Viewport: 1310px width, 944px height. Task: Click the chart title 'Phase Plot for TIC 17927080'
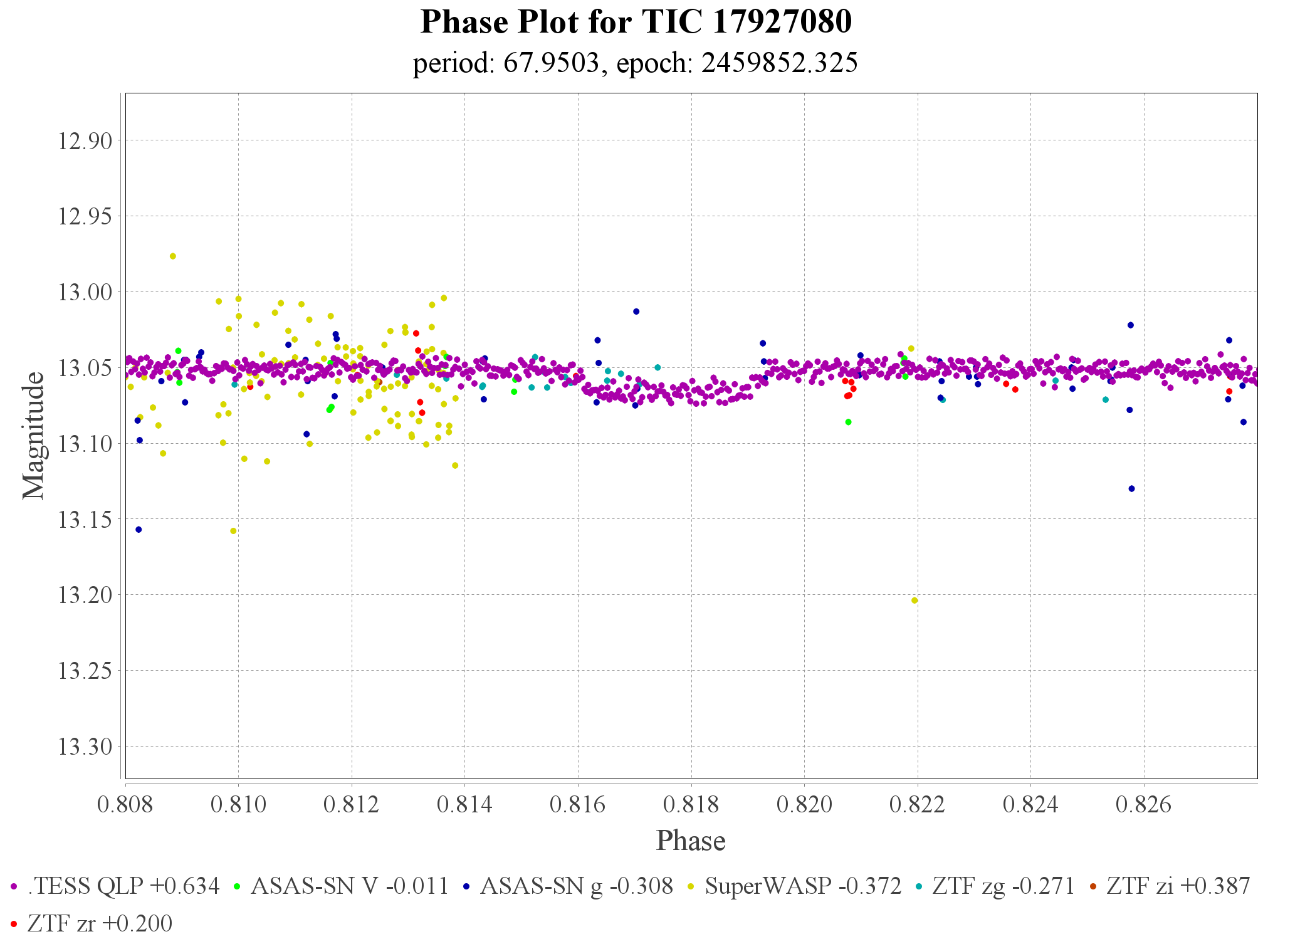coord(636,23)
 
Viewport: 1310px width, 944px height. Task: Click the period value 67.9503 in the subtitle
coord(551,63)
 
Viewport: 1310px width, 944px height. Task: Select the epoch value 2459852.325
coord(779,63)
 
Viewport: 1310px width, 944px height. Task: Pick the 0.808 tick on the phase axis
coord(125,804)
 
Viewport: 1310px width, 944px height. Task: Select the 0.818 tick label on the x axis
coord(691,804)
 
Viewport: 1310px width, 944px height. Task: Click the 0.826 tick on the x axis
coord(1144,804)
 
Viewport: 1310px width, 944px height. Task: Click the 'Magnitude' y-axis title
coord(34,436)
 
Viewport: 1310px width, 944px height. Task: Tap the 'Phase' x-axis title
coord(691,841)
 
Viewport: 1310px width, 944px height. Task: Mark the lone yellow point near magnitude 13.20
coord(914,600)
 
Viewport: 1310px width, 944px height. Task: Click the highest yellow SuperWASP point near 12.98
coord(173,256)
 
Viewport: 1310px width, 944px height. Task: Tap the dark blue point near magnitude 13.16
coord(139,530)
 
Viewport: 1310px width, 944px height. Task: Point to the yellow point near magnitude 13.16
coord(233,531)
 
